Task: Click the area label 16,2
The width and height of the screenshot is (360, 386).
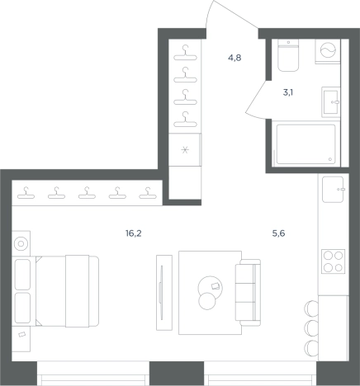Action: click(x=134, y=233)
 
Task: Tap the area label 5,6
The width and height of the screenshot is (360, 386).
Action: click(x=278, y=233)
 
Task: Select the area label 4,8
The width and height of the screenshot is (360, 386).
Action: click(x=234, y=58)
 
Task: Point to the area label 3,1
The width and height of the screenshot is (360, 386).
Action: click(x=288, y=92)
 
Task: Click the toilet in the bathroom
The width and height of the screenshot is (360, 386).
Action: click(x=288, y=55)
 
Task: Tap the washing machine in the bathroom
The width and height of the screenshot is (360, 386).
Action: click(x=328, y=52)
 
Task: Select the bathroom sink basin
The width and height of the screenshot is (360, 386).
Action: click(x=331, y=102)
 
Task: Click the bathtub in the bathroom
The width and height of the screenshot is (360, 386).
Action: click(x=306, y=144)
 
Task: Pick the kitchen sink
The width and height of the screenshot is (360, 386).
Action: click(x=333, y=190)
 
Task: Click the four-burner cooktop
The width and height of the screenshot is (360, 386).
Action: click(x=334, y=261)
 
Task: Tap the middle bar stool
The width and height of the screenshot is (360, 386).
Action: click(x=311, y=327)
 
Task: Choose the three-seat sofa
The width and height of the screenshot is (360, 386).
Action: click(x=248, y=292)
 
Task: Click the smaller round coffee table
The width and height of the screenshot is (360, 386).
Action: click(x=207, y=301)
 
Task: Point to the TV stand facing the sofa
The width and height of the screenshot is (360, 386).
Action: click(x=164, y=293)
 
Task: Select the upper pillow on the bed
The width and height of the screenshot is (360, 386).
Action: click(x=22, y=275)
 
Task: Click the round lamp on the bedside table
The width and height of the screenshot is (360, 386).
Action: click(x=21, y=244)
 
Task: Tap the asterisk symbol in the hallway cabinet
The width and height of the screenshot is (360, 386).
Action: click(x=185, y=150)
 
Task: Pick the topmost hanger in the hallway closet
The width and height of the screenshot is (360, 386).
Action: click(x=185, y=53)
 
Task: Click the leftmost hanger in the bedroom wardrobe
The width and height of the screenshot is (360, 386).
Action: click(x=26, y=193)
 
